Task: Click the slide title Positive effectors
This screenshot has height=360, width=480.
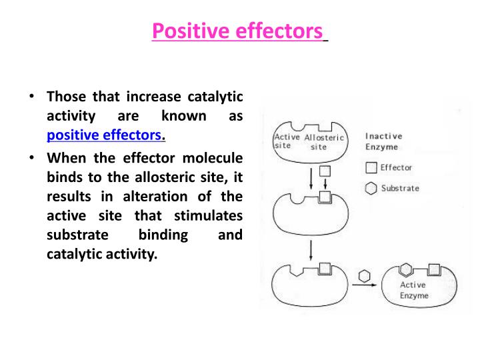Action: click(237, 31)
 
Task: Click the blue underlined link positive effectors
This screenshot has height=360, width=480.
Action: click(105, 135)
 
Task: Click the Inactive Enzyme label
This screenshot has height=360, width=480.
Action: click(383, 141)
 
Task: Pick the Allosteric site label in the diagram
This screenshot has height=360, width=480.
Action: click(324, 142)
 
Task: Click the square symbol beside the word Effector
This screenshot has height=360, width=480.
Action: click(371, 168)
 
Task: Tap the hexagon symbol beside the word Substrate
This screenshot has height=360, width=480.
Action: click(371, 189)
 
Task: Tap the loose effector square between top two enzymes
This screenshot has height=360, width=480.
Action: click(323, 171)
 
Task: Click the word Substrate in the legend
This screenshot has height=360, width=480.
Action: click(400, 189)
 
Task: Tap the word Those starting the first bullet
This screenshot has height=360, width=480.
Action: click(65, 97)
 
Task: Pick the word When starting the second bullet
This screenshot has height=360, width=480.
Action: click(64, 159)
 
